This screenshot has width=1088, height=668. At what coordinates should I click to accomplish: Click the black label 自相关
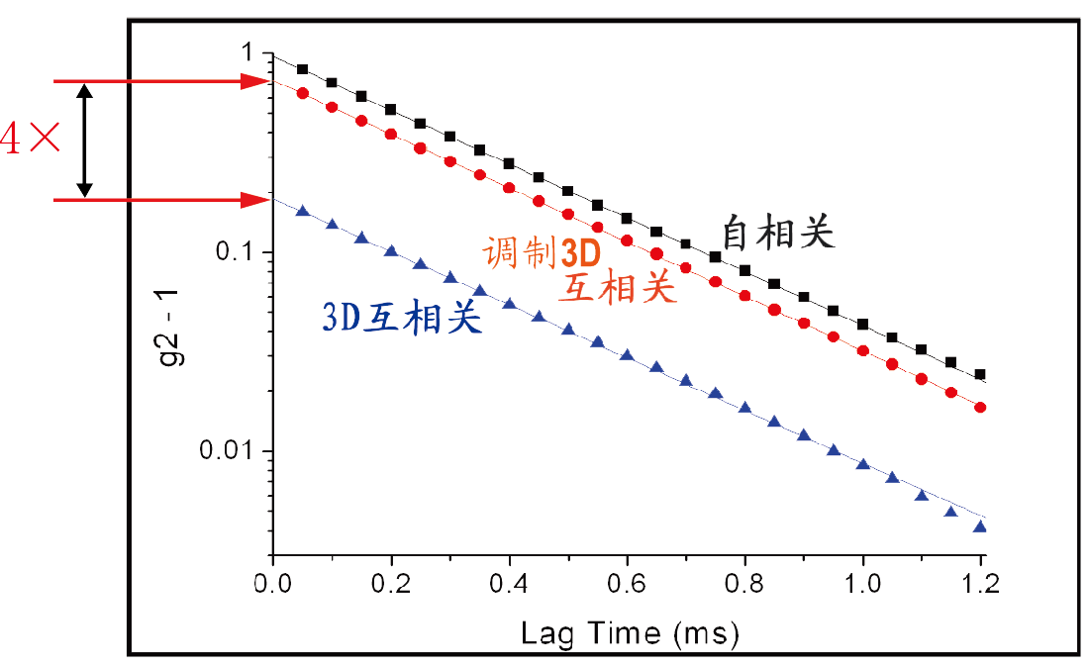pyautogui.click(x=778, y=233)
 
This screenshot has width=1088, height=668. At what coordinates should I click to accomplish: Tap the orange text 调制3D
pyautogui.click(x=535, y=253)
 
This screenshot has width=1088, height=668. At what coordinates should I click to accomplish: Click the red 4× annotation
pyautogui.click(x=30, y=140)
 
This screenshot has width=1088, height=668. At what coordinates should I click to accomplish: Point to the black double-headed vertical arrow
pyautogui.click(x=85, y=140)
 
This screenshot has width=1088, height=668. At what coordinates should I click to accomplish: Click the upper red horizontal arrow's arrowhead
pyautogui.click(x=258, y=81)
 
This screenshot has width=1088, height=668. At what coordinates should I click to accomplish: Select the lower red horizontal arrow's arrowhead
pyautogui.click(x=258, y=200)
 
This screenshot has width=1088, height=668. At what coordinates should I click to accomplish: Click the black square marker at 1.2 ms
pyautogui.click(x=980, y=374)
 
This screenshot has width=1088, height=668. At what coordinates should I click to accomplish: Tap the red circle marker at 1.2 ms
pyautogui.click(x=980, y=407)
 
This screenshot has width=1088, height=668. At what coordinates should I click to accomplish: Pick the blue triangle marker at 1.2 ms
pyautogui.click(x=980, y=526)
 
